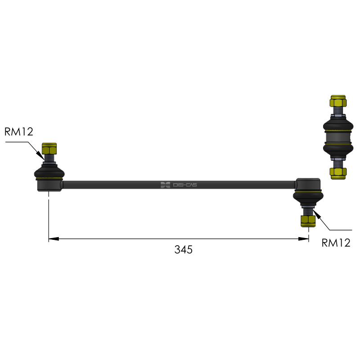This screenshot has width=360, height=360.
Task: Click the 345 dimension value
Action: point(183,250)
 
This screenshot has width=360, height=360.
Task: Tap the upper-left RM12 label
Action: point(19,132)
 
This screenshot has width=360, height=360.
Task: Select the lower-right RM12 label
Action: point(336,243)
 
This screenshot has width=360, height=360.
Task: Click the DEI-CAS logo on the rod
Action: point(179,185)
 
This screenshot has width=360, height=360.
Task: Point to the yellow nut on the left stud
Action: point(49,148)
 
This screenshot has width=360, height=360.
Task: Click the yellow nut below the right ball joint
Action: point(308,221)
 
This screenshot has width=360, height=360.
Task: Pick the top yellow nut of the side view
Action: point(338,101)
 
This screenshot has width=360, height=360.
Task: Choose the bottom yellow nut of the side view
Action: point(338,173)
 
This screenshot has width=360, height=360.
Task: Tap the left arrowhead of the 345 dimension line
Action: point(54,239)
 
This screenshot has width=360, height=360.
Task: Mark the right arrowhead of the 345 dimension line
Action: point(303,239)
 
